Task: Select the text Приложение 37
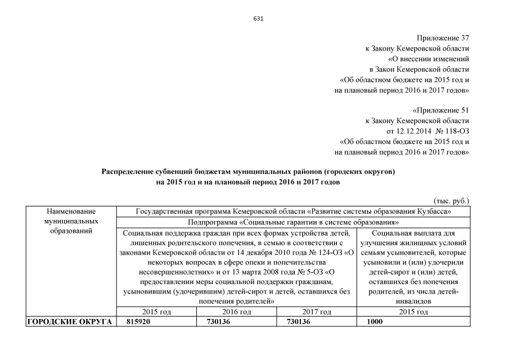443,38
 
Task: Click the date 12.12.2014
404,131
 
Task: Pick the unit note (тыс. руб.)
451,201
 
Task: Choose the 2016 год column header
236,312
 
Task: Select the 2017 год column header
317,312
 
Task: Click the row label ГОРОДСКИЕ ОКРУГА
69,322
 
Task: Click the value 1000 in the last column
375,322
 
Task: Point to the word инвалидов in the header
413,301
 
